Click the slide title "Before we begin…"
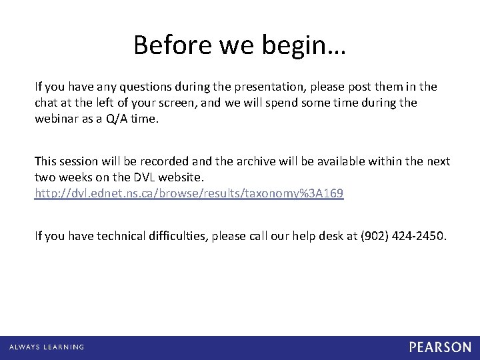point(239,45)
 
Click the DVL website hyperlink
point(189,193)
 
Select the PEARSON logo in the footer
point(441,347)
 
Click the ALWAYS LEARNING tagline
point(47,347)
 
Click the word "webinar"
point(58,119)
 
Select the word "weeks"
point(78,177)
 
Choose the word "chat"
point(46,103)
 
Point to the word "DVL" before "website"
point(151,177)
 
